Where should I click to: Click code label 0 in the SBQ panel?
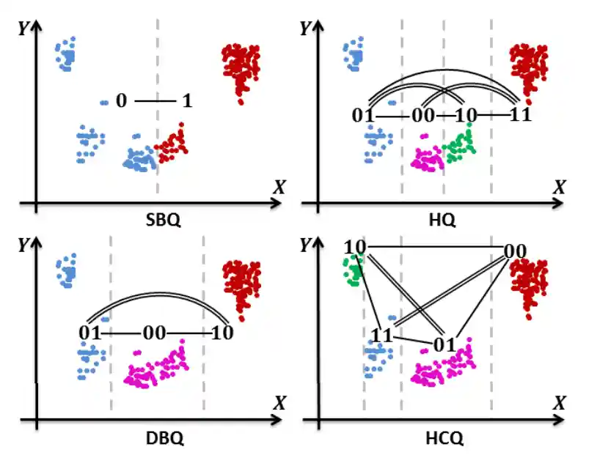pos(121,101)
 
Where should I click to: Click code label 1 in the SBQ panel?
pos(187,101)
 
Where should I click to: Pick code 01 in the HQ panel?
pos(363,115)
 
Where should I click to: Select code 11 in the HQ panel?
pos(519,115)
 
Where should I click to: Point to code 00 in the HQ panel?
pos(422,115)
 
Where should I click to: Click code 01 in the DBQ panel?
pos(90,333)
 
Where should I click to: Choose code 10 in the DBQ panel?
pos(221,333)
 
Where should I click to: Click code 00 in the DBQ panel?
pos(155,333)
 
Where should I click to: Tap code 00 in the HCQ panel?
pos(515,251)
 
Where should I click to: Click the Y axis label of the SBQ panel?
pos(24,29)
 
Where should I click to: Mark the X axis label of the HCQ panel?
pos(560,402)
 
